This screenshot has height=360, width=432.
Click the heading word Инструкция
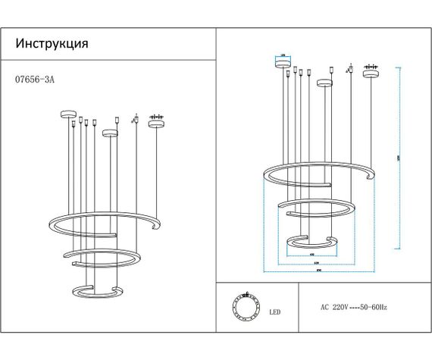tap(52, 43)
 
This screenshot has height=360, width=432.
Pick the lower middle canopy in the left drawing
tap(111, 134)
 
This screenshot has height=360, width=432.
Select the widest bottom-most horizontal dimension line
tap(319, 271)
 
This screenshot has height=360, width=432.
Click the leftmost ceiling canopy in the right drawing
tap(283, 64)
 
